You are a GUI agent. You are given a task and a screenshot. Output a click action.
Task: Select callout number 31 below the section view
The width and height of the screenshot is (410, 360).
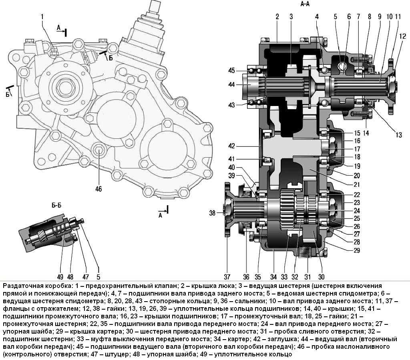(x=307, y=276)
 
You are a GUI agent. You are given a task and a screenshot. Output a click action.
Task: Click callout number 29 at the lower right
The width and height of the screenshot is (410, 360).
(x=357, y=251)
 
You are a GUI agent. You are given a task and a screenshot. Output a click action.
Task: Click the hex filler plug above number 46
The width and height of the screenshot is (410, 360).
(x=98, y=151)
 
